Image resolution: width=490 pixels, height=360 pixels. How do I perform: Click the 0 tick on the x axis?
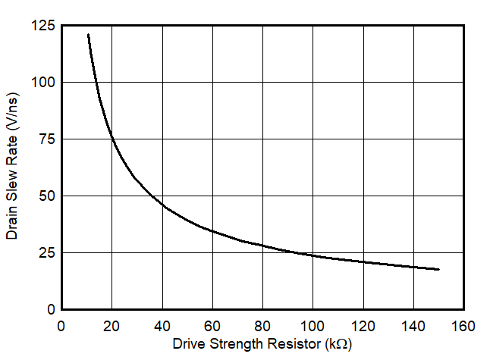[61, 326]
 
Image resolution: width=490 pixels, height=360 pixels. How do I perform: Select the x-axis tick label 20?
[112, 326]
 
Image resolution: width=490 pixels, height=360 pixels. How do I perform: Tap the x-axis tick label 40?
[162, 326]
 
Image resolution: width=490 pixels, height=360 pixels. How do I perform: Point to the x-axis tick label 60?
[212, 326]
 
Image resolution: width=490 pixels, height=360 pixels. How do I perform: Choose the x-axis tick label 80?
[262, 326]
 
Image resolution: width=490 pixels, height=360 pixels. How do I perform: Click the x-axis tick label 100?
[313, 326]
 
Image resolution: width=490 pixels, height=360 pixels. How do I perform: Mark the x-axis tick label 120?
[363, 326]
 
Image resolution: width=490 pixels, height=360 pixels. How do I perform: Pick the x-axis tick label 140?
[413, 326]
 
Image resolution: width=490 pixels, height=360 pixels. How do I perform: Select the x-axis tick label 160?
[463, 326]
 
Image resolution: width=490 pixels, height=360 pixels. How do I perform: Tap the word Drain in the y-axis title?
[12, 224]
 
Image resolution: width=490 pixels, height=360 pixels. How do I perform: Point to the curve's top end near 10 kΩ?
[88, 35]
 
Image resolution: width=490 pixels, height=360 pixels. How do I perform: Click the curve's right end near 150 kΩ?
[438, 269]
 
